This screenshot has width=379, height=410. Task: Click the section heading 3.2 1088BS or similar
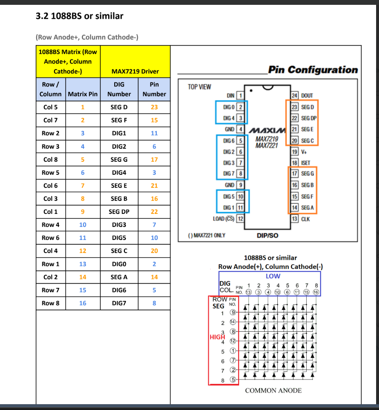(80, 16)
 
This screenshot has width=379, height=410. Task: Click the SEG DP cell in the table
(119, 212)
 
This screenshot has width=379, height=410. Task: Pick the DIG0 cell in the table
(119, 264)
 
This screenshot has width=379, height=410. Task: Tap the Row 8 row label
(51, 303)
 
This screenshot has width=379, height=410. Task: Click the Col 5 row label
(51, 107)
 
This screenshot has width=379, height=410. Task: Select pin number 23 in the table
(154, 107)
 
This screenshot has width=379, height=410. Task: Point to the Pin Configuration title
(313, 70)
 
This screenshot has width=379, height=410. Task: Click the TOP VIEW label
(199, 87)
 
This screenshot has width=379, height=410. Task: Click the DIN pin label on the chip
(230, 96)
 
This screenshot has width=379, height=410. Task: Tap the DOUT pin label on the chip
(307, 96)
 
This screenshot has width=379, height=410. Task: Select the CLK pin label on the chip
(306, 219)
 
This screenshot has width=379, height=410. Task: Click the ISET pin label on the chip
(306, 163)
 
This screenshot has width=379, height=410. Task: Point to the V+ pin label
(305, 152)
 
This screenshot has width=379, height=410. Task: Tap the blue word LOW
(273, 276)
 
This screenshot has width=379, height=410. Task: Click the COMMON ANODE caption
(273, 390)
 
